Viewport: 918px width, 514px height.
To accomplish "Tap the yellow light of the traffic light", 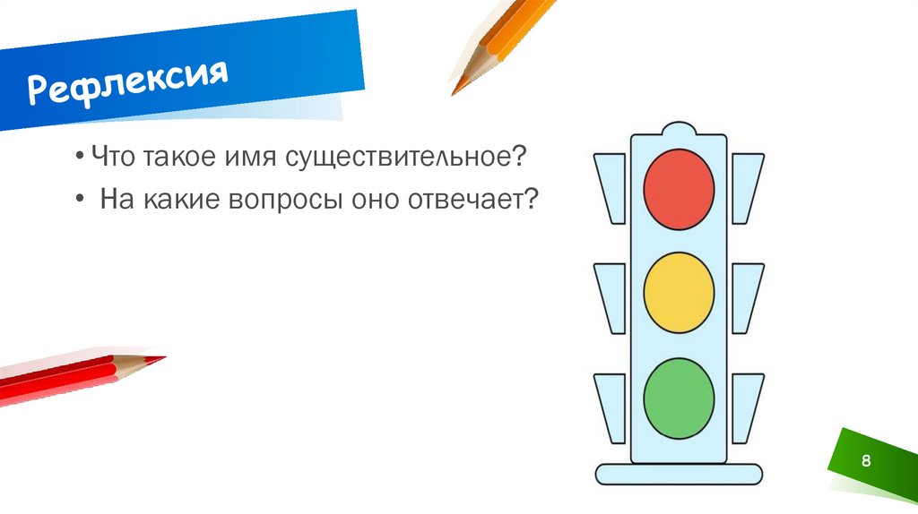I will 679,292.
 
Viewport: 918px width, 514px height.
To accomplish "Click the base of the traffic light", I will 679,474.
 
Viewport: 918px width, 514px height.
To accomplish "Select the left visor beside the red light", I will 611,186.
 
